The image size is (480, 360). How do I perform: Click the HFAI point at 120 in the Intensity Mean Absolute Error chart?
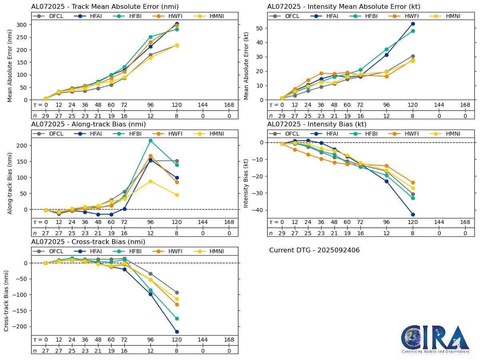click(x=413, y=24)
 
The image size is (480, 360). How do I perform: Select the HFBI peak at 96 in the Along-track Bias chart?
click(x=150, y=140)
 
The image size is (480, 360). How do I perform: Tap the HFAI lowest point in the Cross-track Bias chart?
click(x=177, y=332)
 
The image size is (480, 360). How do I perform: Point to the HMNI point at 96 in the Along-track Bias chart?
click(x=150, y=181)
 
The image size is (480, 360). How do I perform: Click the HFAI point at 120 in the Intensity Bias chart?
click(x=413, y=214)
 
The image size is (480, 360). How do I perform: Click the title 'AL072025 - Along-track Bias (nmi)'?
click(x=88, y=124)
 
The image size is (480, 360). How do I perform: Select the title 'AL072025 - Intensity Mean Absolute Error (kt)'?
click(x=344, y=7)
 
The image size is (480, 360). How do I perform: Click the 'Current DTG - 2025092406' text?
click(x=314, y=250)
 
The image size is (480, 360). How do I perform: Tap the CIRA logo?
click(x=435, y=339)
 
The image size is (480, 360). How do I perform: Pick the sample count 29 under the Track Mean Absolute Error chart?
click(x=46, y=116)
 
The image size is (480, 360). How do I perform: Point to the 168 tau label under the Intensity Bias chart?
click(x=465, y=222)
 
